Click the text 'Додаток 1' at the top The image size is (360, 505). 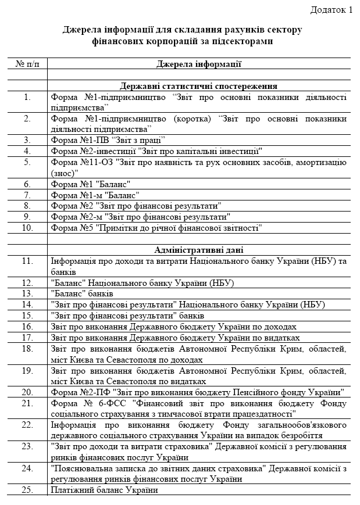click(x=331, y=9)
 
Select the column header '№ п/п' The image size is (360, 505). click(x=27, y=63)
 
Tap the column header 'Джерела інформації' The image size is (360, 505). click(x=199, y=63)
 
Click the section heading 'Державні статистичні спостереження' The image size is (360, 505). click(x=199, y=86)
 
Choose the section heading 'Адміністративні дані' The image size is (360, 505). click(x=199, y=250)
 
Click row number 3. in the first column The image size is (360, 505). click(x=27, y=140)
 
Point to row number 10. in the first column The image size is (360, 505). click(x=27, y=228)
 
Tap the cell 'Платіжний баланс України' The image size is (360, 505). click(x=105, y=490)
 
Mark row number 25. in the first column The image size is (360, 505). click(x=27, y=490)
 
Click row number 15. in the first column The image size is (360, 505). click(x=27, y=316)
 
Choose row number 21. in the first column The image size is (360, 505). click(x=27, y=403)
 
